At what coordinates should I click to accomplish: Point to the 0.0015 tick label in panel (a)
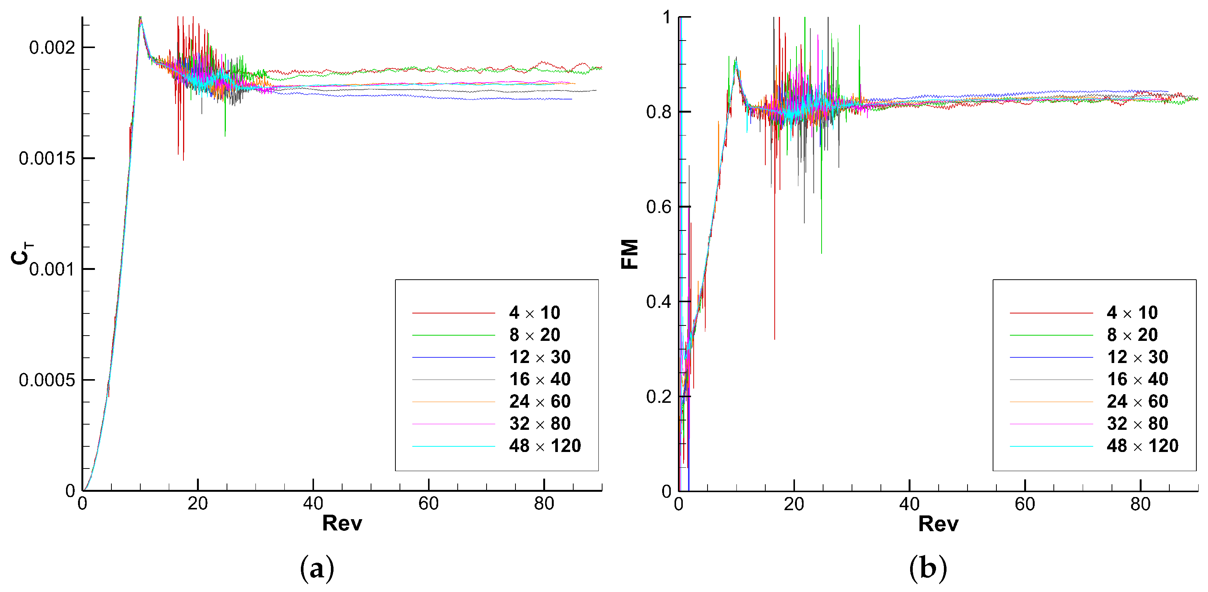47,158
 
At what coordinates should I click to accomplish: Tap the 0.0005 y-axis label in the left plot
47,380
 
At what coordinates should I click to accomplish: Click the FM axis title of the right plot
630,254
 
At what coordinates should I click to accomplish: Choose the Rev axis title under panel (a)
342,523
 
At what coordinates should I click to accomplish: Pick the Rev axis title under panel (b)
938,524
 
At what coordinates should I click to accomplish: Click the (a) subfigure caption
317,568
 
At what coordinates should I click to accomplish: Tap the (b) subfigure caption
927,568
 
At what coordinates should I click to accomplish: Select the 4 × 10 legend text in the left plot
535,312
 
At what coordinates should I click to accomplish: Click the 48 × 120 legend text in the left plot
545,446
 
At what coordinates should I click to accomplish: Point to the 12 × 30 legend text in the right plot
1137,357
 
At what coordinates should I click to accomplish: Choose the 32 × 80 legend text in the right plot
1137,423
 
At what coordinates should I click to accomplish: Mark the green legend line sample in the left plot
454,335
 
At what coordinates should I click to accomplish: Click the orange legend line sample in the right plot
1051,402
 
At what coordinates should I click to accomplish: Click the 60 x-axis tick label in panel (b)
1025,504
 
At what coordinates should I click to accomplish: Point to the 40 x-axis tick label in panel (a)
313,504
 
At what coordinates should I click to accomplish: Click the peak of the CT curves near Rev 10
140,18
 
